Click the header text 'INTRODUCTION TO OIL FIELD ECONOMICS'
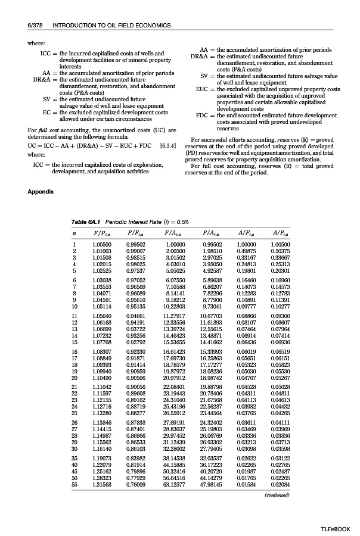[111, 26]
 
